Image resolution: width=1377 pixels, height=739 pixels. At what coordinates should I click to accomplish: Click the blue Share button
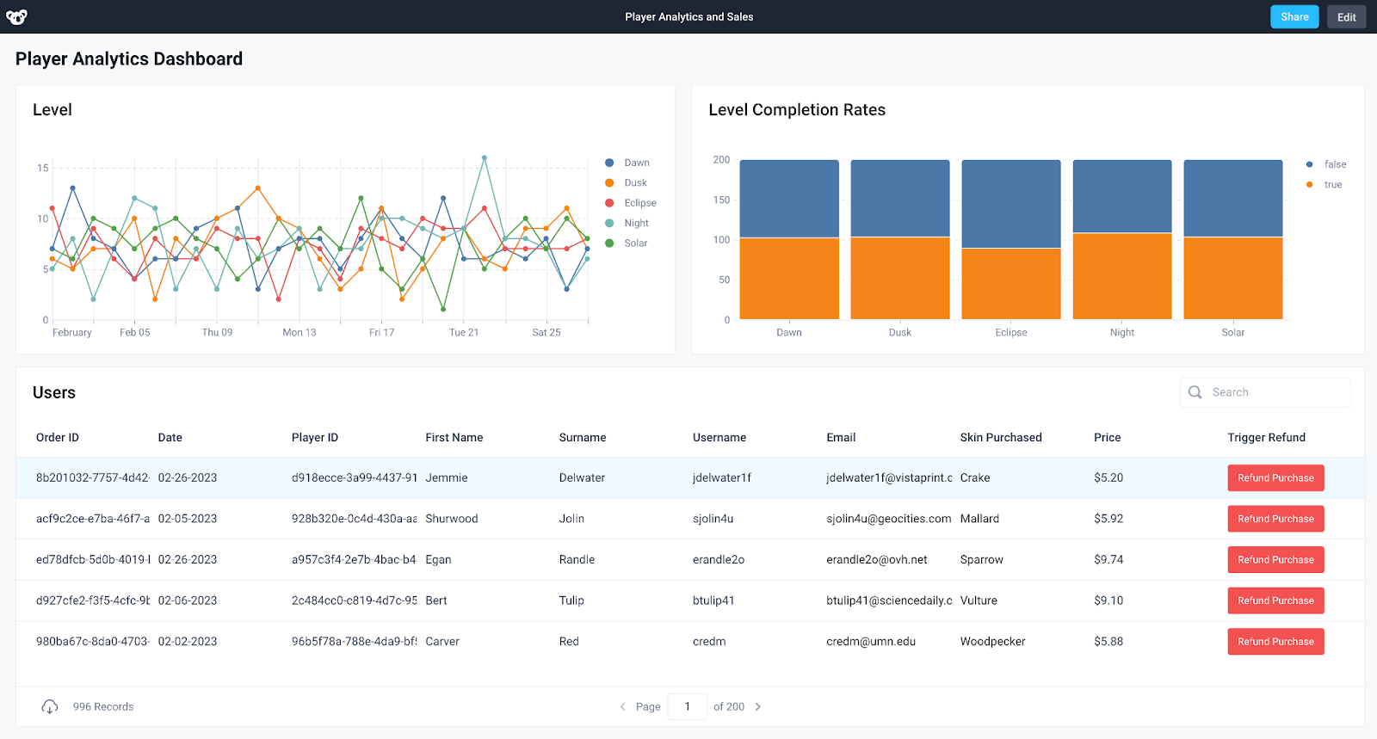tap(1294, 17)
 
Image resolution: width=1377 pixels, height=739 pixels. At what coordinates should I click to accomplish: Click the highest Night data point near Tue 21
tap(485, 158)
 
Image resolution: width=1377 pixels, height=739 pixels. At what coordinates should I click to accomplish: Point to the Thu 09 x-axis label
tap(217, 333)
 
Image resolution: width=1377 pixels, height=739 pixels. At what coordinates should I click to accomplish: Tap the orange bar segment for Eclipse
tap(1010, 284)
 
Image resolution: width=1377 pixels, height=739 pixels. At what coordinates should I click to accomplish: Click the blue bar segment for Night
tap(1121, 196)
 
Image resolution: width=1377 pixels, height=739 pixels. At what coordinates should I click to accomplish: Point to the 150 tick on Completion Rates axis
tap(721, 200)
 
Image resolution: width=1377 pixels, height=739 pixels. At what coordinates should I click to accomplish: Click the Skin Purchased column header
tap(1000, 438)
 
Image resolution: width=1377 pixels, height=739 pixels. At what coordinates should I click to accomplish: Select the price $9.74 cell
tap(1108, 560)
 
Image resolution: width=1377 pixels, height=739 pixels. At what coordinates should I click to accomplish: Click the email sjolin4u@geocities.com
tap(888, 519)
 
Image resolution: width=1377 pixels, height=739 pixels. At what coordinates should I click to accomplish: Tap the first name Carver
tap(442, 642)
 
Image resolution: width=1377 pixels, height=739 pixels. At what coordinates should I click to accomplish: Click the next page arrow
tap(758, 707)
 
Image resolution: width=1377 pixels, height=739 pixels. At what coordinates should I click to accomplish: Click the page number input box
tap(687, 707)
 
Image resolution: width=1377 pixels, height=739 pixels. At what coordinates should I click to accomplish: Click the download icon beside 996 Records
tap(50, 707)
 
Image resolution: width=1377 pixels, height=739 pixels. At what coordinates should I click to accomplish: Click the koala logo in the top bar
tap(16, 17)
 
